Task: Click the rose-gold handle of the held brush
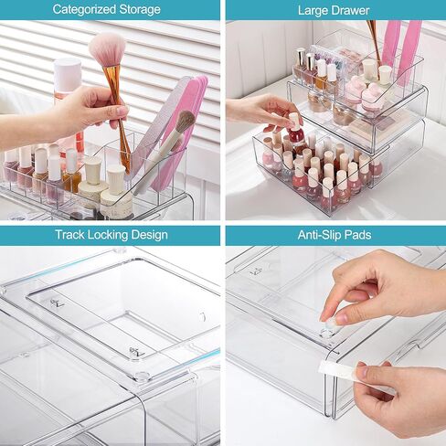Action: tap(117, 105)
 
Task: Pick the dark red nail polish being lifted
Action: tap(296, 135)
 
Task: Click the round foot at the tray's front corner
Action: tap(143, 376)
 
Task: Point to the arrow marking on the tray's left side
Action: tap(57, 302)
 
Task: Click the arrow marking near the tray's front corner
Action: tap(136, 352)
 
